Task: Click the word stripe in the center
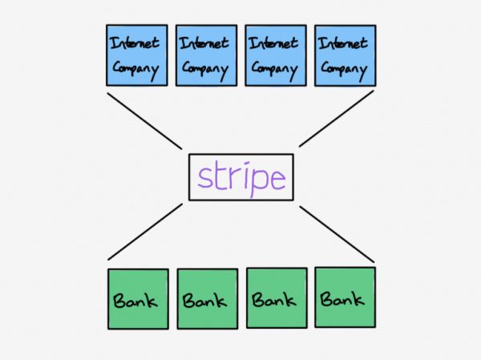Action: coord(241,177)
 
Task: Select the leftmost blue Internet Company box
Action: coord(137,55)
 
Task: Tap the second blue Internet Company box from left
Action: coord(206,55)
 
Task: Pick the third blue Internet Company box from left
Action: coord(275,55)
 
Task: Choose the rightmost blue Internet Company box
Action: coord(345,55)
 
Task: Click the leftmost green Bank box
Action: coord(138,299)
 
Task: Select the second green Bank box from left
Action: coord(207,299)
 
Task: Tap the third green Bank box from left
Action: coord(276,298)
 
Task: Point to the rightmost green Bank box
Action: coord(345,297)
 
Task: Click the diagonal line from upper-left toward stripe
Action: coord(144,120)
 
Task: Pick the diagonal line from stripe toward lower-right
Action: coord(337,233)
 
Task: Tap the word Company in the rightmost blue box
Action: coord(345,68)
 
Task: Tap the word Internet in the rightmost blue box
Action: coord(345,42)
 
